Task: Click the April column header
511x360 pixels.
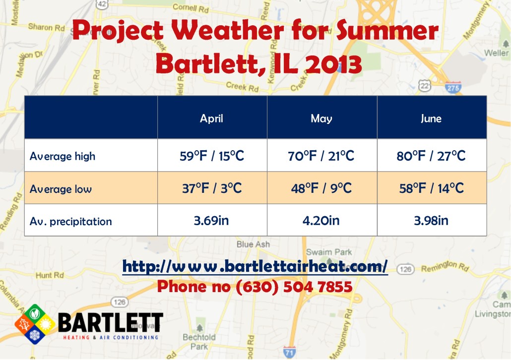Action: (212, 118)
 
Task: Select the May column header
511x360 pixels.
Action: (321, 118)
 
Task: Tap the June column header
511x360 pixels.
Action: (431, 118)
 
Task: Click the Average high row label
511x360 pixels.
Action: (62, 156)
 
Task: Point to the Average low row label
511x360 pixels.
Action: (61, 189)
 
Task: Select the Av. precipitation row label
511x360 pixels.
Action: (70, 221)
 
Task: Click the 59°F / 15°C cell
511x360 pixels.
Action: (212, 156)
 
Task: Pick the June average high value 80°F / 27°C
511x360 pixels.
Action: (431, 156)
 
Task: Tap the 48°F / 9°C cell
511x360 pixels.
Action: (321, 188)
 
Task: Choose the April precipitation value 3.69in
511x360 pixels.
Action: (212, 220)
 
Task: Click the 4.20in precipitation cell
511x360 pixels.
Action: (321, 220)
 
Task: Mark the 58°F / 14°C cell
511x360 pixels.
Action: (431, 188)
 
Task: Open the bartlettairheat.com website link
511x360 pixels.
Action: (255, 266)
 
